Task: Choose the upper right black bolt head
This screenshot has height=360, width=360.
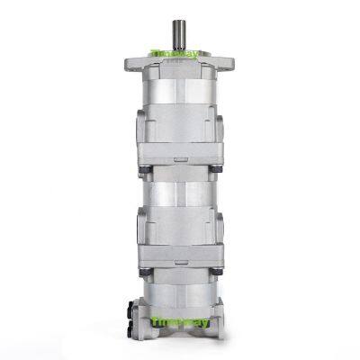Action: [x=217, y=168]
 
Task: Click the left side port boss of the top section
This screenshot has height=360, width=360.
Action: [x=141, y=130]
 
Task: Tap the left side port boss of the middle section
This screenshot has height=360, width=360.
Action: [x=141, y=225]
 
